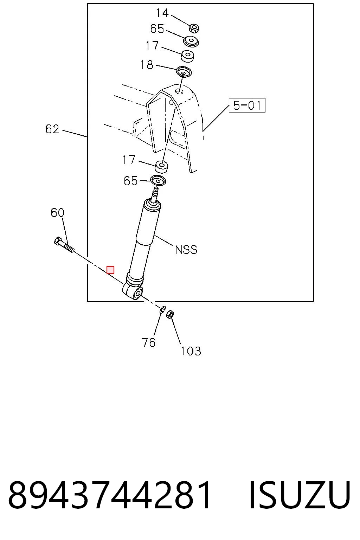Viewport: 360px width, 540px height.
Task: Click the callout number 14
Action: tap(162, 13)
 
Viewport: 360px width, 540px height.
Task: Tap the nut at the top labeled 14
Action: tap(194, 28)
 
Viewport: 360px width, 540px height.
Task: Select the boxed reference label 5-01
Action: tap(247, 105)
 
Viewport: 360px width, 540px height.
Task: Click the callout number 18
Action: tap(147, 65)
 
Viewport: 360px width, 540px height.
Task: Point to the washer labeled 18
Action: tap(184, 72)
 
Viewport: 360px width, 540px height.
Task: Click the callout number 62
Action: tap(52, 129)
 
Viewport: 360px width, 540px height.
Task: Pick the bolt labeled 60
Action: tap(64, 245)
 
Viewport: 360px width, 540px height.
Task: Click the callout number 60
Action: tap(57, 213)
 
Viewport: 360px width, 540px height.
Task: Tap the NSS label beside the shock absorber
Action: tap(186, 250)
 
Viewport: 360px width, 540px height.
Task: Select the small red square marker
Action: tap(110, 270)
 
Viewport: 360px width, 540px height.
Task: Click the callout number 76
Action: tap(148, 342)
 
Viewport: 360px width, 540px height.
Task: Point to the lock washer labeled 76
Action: tap(163, 309)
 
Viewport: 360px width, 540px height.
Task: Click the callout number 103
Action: tap(191, 351)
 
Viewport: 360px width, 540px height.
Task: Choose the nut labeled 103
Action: tap(171, 314)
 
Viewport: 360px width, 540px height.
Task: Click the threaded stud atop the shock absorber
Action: tap(155, 194)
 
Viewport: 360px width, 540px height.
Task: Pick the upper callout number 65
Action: tap(157, 29)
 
